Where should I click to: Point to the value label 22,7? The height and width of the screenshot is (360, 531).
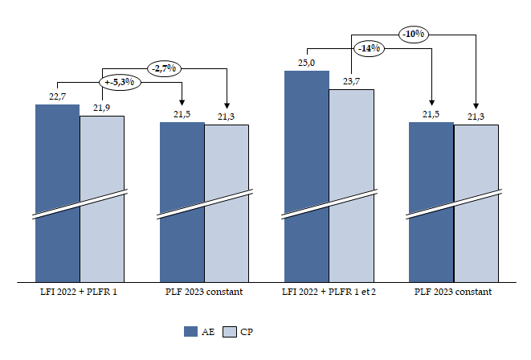57,96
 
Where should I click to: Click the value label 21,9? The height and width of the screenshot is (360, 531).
102,108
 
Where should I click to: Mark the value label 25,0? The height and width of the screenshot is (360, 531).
306,63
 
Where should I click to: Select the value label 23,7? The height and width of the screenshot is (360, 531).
351,80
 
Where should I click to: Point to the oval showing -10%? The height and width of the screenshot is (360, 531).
415,34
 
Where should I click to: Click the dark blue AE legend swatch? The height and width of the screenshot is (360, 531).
191,331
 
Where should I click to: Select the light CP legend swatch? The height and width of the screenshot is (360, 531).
228,331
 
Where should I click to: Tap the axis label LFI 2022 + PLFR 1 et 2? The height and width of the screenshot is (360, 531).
329,292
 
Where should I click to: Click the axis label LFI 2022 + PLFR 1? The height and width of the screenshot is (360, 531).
80,292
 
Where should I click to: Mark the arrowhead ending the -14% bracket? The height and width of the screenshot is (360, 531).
431,104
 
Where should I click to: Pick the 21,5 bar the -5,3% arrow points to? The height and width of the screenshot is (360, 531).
182,201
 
